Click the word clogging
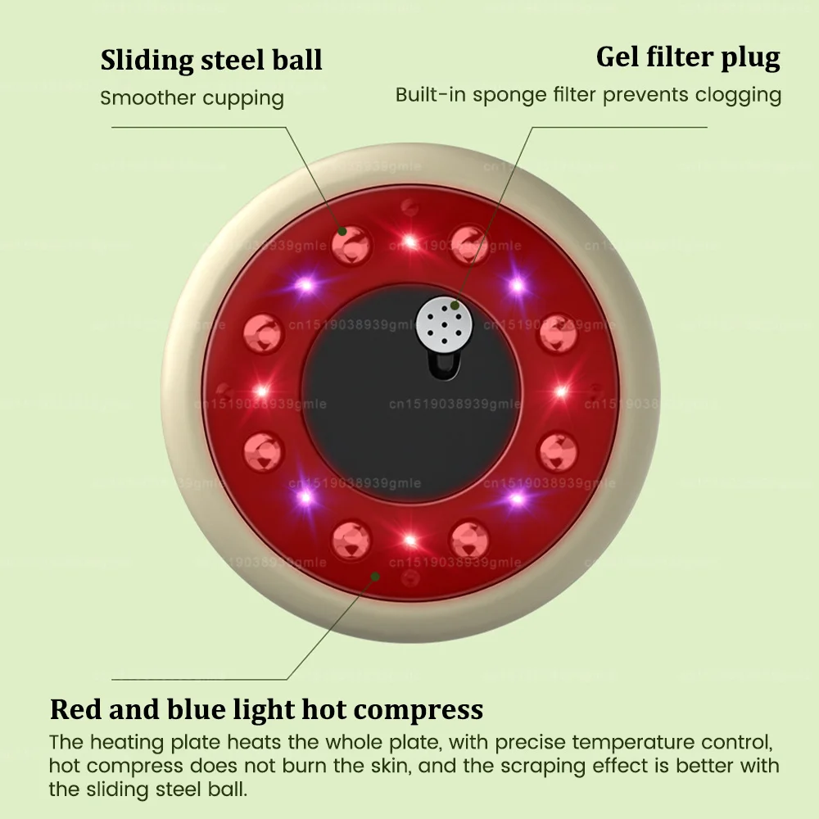point(736,95)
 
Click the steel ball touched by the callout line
point(351,242)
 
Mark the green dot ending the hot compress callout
point(375,577)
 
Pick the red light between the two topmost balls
point(409,241)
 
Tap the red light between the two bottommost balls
point(409,540)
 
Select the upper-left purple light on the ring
point(305,285)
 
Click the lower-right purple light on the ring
point(517,497)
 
